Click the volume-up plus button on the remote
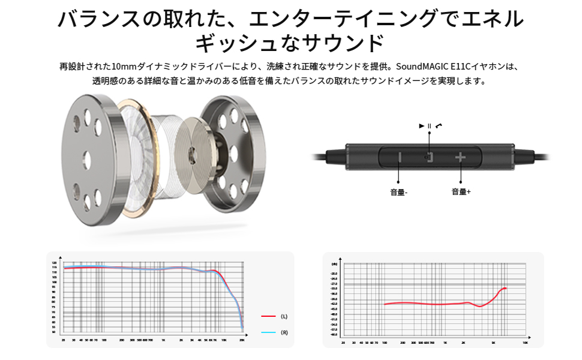[460, 157]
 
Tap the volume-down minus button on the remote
[400, 158]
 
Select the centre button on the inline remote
[429, 157]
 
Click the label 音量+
[461, 191]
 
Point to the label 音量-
[398, 193]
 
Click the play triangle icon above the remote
[422, 125]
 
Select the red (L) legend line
[268, 316]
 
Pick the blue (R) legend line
[268, 332]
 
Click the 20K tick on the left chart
[242, 340]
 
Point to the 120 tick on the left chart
[54, 263]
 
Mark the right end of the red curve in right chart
[506, 289]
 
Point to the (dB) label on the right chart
[334, 263]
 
